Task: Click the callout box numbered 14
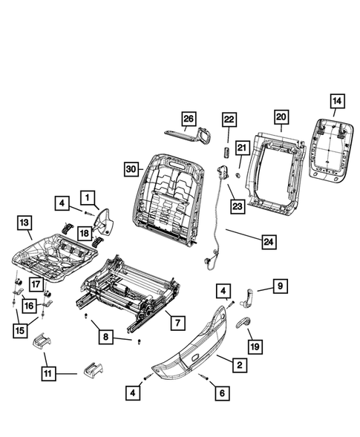coord(336,100)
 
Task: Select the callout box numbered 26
coord(189,118)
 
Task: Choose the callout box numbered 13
coord(24,222)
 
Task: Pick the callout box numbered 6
coord(220,395)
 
